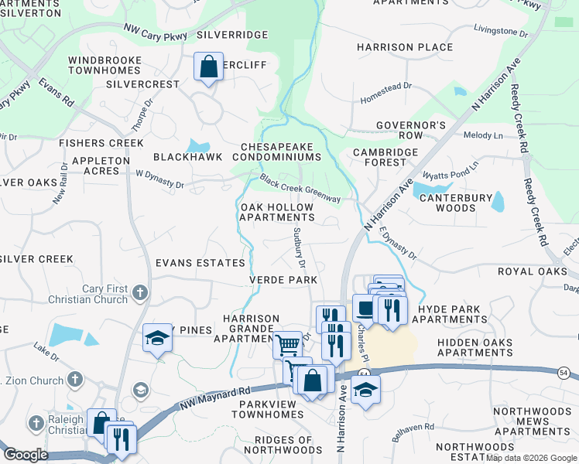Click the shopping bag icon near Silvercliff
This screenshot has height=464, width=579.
[209, 67]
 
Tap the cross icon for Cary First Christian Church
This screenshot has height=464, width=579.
[139, 292]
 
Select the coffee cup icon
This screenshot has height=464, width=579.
[365, 308]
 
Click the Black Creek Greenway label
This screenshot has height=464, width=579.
[300, 189]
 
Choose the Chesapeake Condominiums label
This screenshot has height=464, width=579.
[280, 152]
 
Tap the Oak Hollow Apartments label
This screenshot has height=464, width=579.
[276, 213]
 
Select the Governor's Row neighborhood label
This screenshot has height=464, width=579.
[411, 130]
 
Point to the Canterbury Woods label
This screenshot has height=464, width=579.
[456, 203]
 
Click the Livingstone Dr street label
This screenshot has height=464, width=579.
[500, 34]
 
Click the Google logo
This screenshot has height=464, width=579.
[26, 455]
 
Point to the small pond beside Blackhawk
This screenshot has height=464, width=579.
[199, 146]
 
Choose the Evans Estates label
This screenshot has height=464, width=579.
[200, 263]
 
